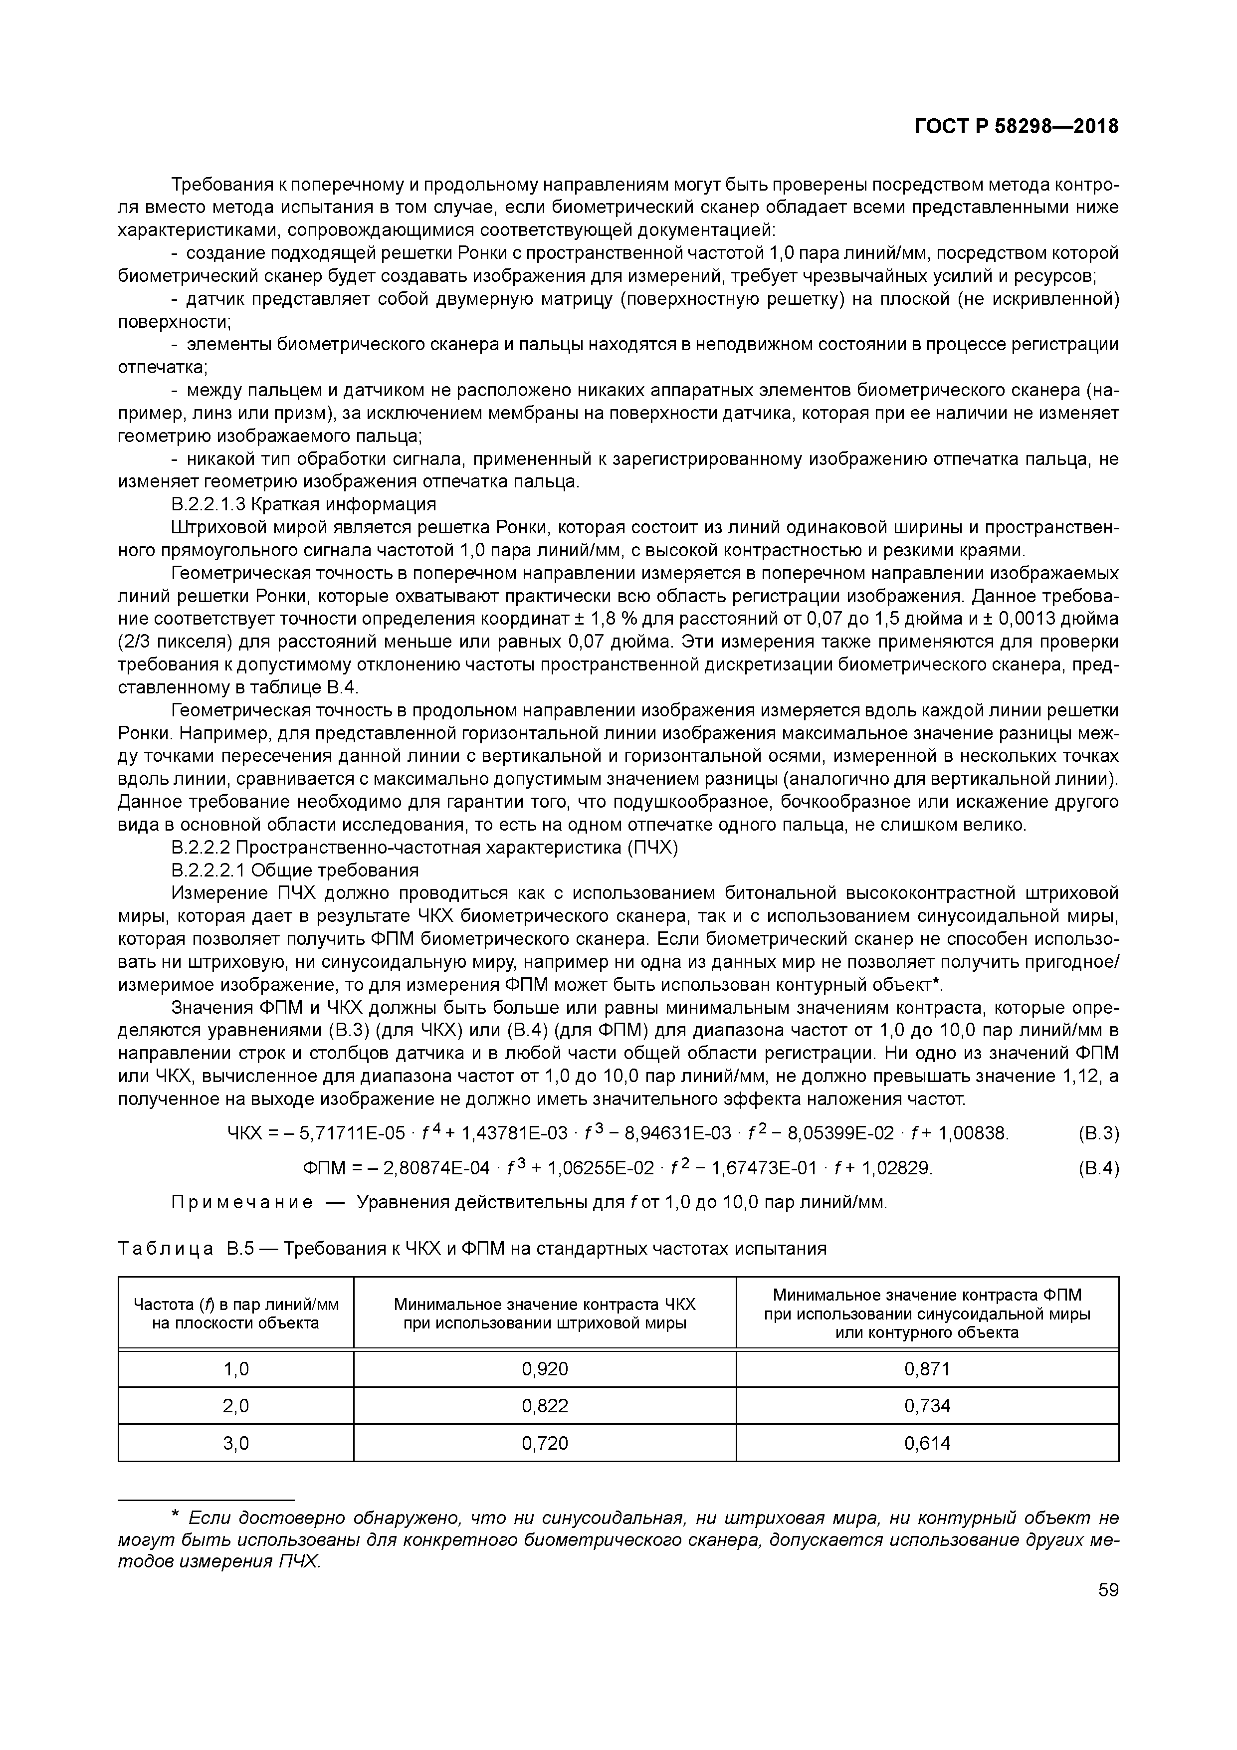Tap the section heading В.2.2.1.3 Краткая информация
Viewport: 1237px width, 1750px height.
coord(303,504)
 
